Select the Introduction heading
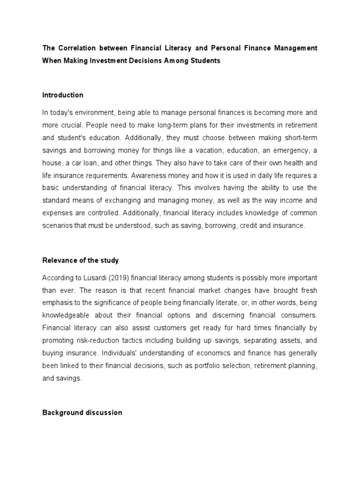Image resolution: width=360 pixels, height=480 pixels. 63,95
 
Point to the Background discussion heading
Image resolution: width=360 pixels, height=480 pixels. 82,412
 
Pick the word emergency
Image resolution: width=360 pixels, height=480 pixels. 290,150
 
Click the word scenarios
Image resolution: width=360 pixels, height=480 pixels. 58,226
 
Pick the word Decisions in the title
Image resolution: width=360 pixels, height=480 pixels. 137,61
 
